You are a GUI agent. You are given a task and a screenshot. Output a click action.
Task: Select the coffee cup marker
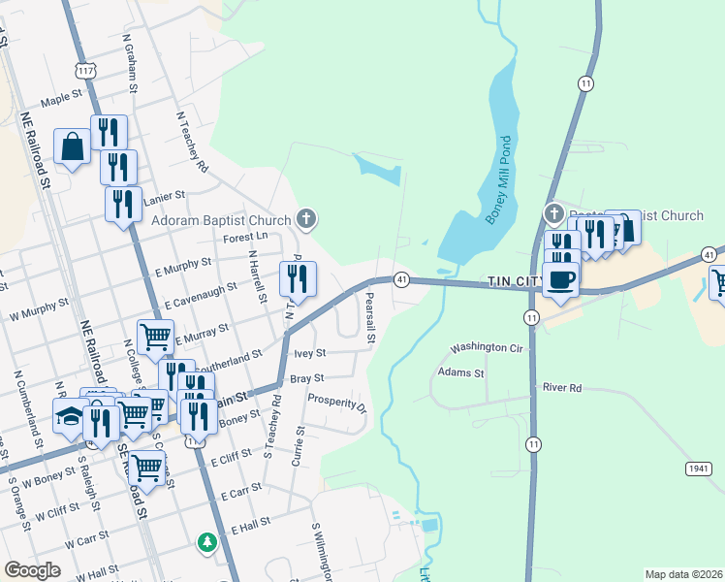coord(560,278)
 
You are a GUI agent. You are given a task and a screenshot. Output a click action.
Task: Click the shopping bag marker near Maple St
coord(72,147)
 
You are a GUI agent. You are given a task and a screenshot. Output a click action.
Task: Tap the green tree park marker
coord(205,541)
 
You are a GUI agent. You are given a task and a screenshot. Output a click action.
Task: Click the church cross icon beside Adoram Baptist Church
coord(306,218)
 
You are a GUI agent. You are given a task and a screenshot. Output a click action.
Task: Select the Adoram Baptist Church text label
coord(222,219)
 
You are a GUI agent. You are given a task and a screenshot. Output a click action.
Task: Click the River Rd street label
coord(562,388)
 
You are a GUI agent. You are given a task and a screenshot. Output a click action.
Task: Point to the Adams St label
coord(460,371)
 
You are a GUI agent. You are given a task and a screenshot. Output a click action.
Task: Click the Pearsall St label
coord(368,325)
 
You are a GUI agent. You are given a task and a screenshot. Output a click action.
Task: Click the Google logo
coord(32,569)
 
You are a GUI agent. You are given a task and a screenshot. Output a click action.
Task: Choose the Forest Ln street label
coord(245,236)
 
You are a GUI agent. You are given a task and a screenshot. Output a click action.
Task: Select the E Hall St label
coord(250,525)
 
